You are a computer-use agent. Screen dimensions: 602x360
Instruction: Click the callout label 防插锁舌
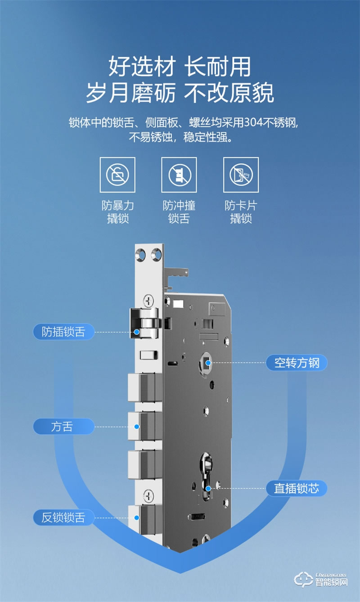pyautogui.click(x=63, y=332)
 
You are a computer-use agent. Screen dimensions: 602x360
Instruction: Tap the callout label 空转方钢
pyautogui.click(x=297, y=363)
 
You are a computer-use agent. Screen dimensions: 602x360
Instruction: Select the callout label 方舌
pyautogui.click(x=63, y=427)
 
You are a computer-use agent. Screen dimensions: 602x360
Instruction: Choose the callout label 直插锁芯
pyautogui.click(x=297, y=489)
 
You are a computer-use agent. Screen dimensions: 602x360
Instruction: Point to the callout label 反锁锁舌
pyautogui.click(x=63, y=517)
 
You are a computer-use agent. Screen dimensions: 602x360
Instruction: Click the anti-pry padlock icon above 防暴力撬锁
pyautogui.click(x=117, y=175)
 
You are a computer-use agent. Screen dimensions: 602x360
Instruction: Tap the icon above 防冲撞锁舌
pyautogui.click(x=179, y=175)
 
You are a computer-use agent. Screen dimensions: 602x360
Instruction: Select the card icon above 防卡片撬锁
pyautogui.click(x=241, y=175)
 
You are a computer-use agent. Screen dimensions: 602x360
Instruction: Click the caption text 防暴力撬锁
pyautogui.click(x=117, y=212)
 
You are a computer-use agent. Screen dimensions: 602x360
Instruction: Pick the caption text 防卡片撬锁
pyautogui.click(x=241, y=212)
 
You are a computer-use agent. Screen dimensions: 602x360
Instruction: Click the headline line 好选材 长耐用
pyautogui.click(x=180, y=66)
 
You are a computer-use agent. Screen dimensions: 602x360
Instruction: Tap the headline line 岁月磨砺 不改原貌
pyautogui.click(x=180, y=93)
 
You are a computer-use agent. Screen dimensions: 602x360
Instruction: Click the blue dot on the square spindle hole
pyautogui.click(x=207, y=363)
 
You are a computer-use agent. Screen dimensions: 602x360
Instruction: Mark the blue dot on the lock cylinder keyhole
pyautogui.click(x=208, y=488)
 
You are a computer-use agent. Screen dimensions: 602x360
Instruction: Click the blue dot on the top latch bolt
pyautogui.click(x=137, y=332)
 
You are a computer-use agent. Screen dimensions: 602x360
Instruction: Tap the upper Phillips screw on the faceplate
pyautogui.click(x=148, y=300)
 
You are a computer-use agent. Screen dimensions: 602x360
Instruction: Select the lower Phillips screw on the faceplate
pyautogui.click(x=148, y=496)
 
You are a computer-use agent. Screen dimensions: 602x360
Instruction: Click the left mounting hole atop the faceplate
pyautogui.click(x=142, y=255)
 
